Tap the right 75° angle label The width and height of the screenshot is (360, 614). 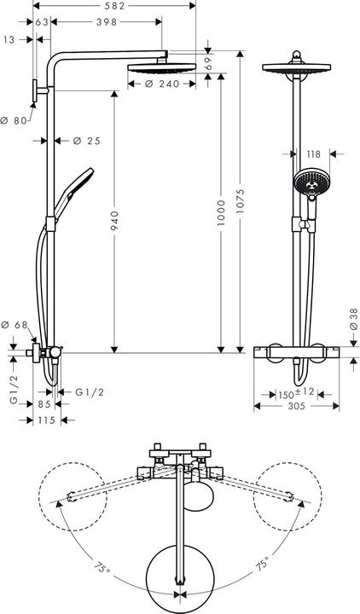[x=261, y=564]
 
